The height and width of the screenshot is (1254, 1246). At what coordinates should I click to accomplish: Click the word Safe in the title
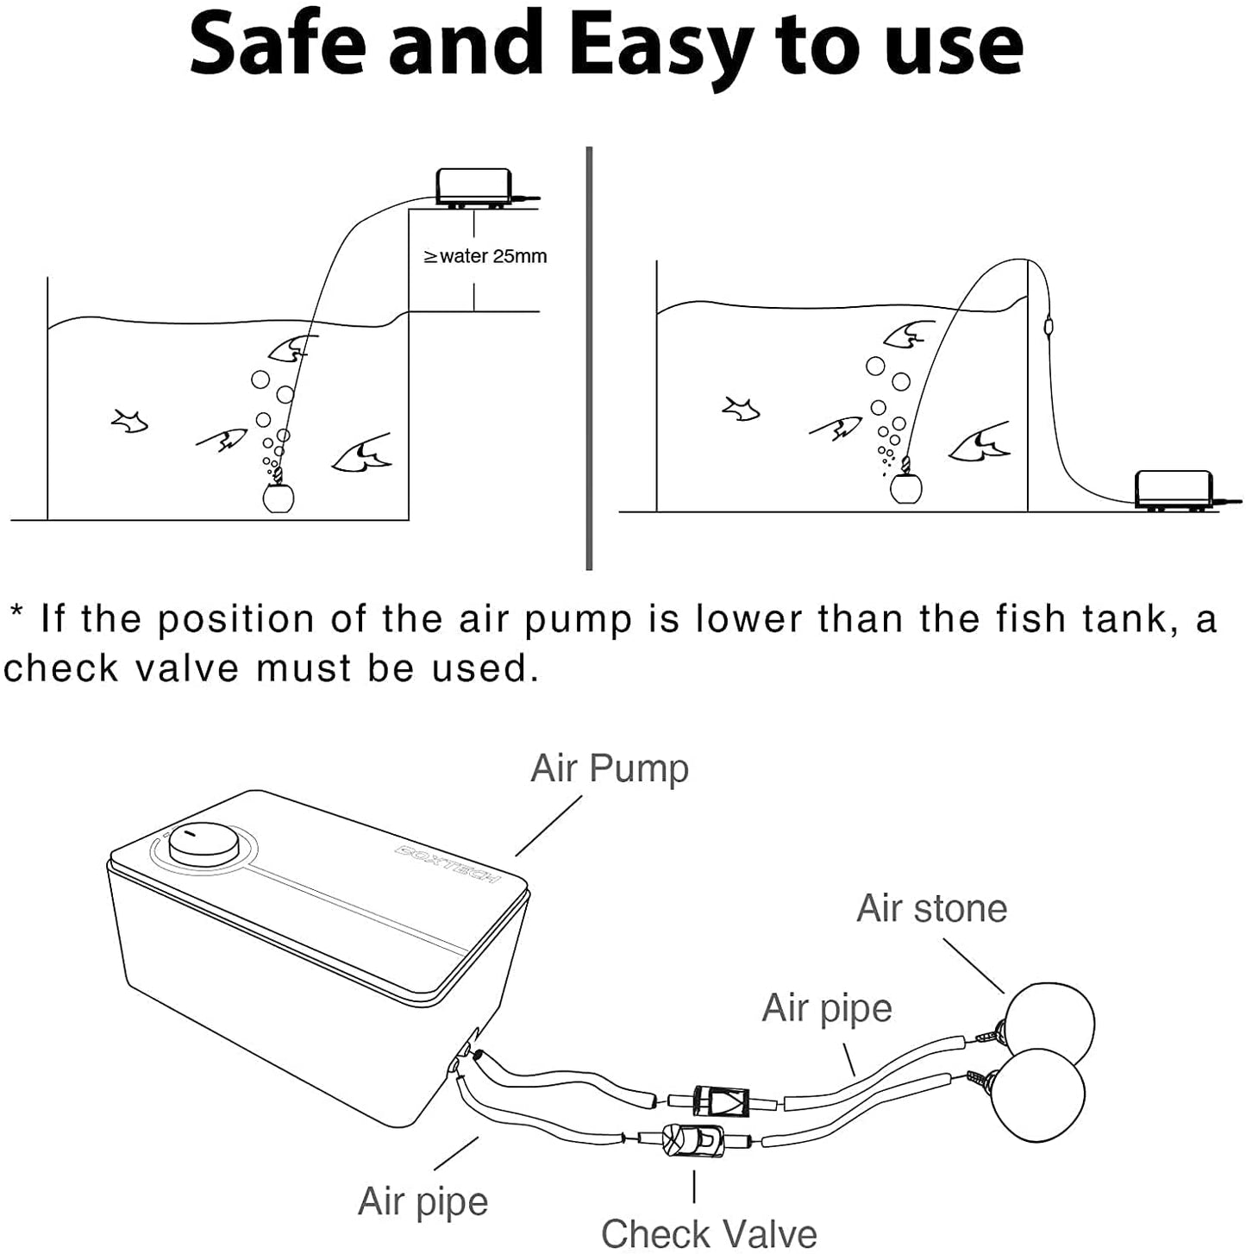coord(278,45)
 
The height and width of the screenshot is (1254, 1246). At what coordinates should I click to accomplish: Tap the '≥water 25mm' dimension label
coord(485,256)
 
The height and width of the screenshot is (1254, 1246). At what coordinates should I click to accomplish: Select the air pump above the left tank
coord(473,187)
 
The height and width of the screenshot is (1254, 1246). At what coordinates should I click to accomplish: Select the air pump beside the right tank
coord(1174,489)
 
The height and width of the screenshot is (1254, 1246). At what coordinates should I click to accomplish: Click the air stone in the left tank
coord(278,497)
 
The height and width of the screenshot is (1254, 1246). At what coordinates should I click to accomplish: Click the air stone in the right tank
coord(905,488)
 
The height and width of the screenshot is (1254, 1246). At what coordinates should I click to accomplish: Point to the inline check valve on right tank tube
coord(1048,328)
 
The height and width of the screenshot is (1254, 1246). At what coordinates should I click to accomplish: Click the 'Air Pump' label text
coord(610,768)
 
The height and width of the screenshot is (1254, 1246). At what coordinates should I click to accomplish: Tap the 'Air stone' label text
coord(931,908)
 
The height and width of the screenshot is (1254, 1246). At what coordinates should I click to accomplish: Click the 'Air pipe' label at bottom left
coord(423,1201)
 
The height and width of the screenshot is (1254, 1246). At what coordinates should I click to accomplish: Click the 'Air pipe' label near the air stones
coord(826,1007)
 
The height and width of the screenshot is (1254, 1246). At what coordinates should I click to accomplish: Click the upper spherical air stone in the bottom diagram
coord(1050,1024)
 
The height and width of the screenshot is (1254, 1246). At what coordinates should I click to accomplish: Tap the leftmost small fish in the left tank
coord(129,421)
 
